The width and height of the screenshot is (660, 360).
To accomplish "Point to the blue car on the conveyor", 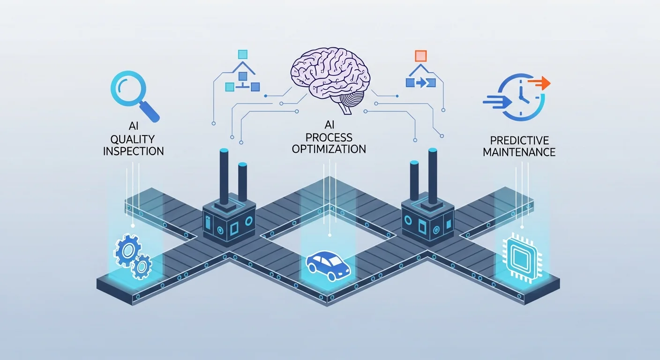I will pyautogui.click(x=329, y=267).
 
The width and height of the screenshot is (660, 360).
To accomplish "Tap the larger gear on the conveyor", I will pyautogui.click(x=127, y=250).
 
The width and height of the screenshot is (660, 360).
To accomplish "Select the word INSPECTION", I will pyautogui.click(x=134, y=151).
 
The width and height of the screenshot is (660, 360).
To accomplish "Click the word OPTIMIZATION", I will pyautogui.click(x=329, y=149).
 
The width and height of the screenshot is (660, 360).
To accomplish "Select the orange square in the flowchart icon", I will pyautogui.click(x=421, y=56).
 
